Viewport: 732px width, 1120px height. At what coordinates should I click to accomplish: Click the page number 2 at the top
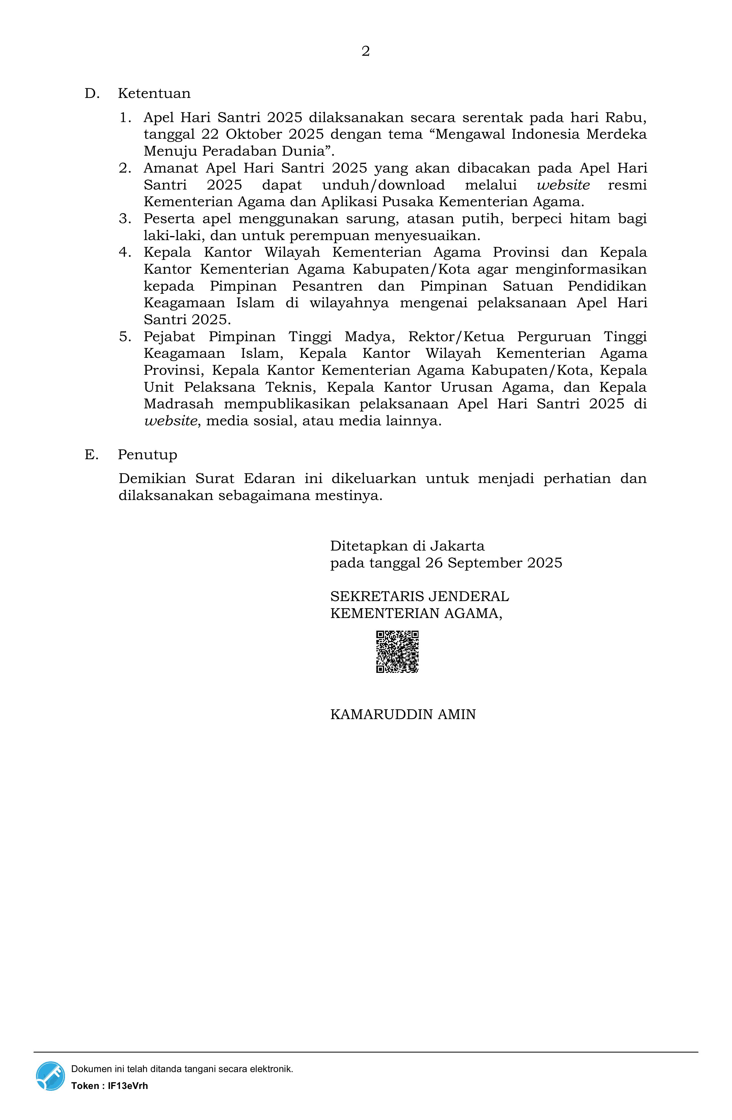click(x=365, y=51)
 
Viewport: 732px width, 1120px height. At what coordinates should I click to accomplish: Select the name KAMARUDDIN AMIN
click(x=403, y=714)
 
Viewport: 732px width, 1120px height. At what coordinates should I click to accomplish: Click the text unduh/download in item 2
click(x=384, y=185)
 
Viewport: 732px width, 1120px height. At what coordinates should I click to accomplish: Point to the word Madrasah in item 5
click(x=178, y=404)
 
